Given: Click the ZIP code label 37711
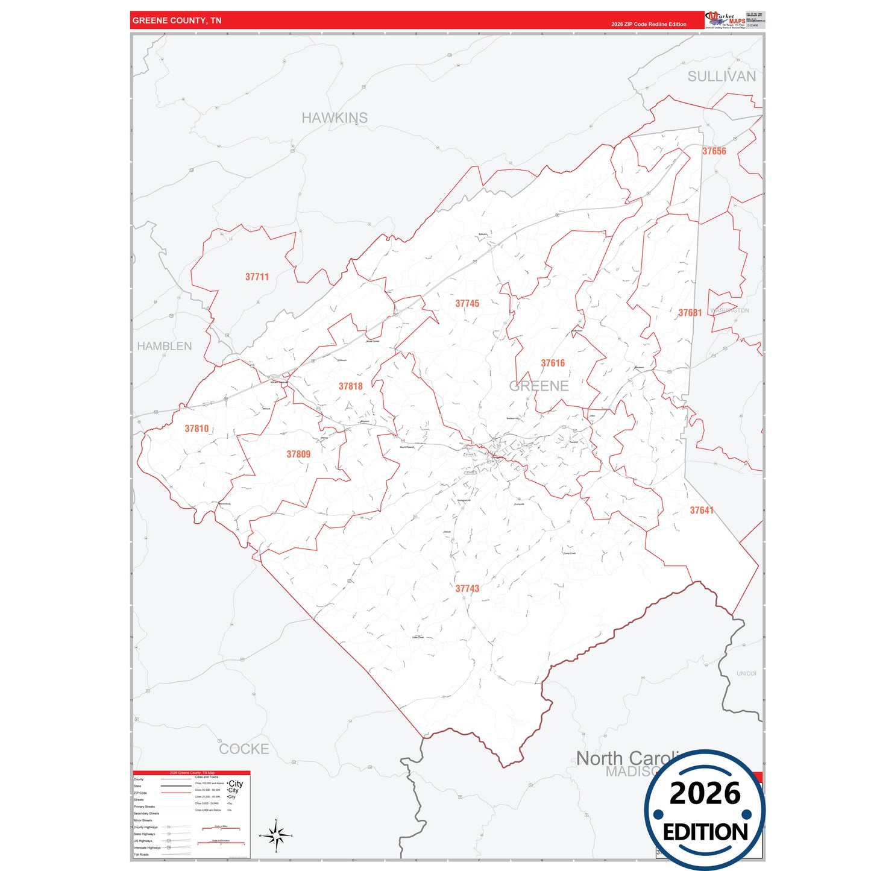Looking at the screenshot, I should [257, 277].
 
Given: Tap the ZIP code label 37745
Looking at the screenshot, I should [467, 304].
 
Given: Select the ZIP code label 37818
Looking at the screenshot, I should [350, 386].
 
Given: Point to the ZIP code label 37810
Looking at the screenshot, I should [197, 429].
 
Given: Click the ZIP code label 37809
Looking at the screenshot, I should [298, 454].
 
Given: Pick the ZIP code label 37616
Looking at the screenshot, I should [553, 363].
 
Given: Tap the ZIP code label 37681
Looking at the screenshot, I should [690, 313].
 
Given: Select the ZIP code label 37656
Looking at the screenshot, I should [714, 151].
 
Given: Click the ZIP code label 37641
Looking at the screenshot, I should [702, 511].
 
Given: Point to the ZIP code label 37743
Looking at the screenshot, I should [467, 589].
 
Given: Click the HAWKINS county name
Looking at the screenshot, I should [335, 118].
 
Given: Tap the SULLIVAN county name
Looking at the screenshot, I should [722, 77].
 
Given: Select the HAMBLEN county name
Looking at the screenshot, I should [165, 346].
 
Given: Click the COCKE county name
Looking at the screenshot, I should [244, 749].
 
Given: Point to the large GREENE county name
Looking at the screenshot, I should [539, 386].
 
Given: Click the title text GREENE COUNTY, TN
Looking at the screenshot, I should [177, 20].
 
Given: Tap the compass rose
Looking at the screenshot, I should [276, 836].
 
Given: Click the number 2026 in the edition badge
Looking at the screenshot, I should [705, 793].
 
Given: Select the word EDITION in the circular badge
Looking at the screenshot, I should [705, 832].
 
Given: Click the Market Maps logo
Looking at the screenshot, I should [725, 20].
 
